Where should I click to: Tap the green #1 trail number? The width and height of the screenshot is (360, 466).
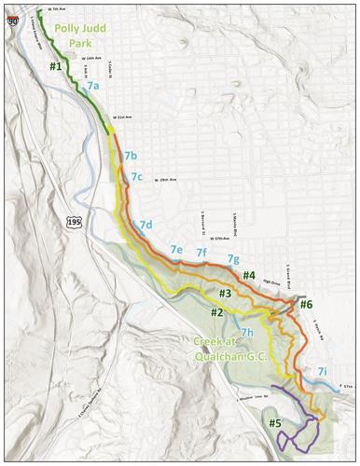click(x=56, y=67)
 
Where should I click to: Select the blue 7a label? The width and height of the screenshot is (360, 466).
click(x=93, y=86)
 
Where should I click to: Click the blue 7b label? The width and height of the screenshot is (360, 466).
click(x=130, y=155)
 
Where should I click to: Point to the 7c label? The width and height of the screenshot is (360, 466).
click(x=137, y=176)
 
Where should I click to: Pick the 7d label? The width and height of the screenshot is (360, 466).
click(x=145, y=226)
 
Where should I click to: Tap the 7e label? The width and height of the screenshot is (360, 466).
click(x=175, y=250)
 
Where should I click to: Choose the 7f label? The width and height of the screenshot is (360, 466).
click(x=201, y=253)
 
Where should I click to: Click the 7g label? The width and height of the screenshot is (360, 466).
click(x=234, y=258)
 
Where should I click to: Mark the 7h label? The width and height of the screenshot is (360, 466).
click(x=246, y=332)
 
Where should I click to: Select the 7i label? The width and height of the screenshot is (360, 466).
click(x=322, y=371)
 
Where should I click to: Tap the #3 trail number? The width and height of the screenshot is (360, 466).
click(x=225, y=295)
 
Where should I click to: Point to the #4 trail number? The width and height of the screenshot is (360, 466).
click(x=248, y=276)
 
